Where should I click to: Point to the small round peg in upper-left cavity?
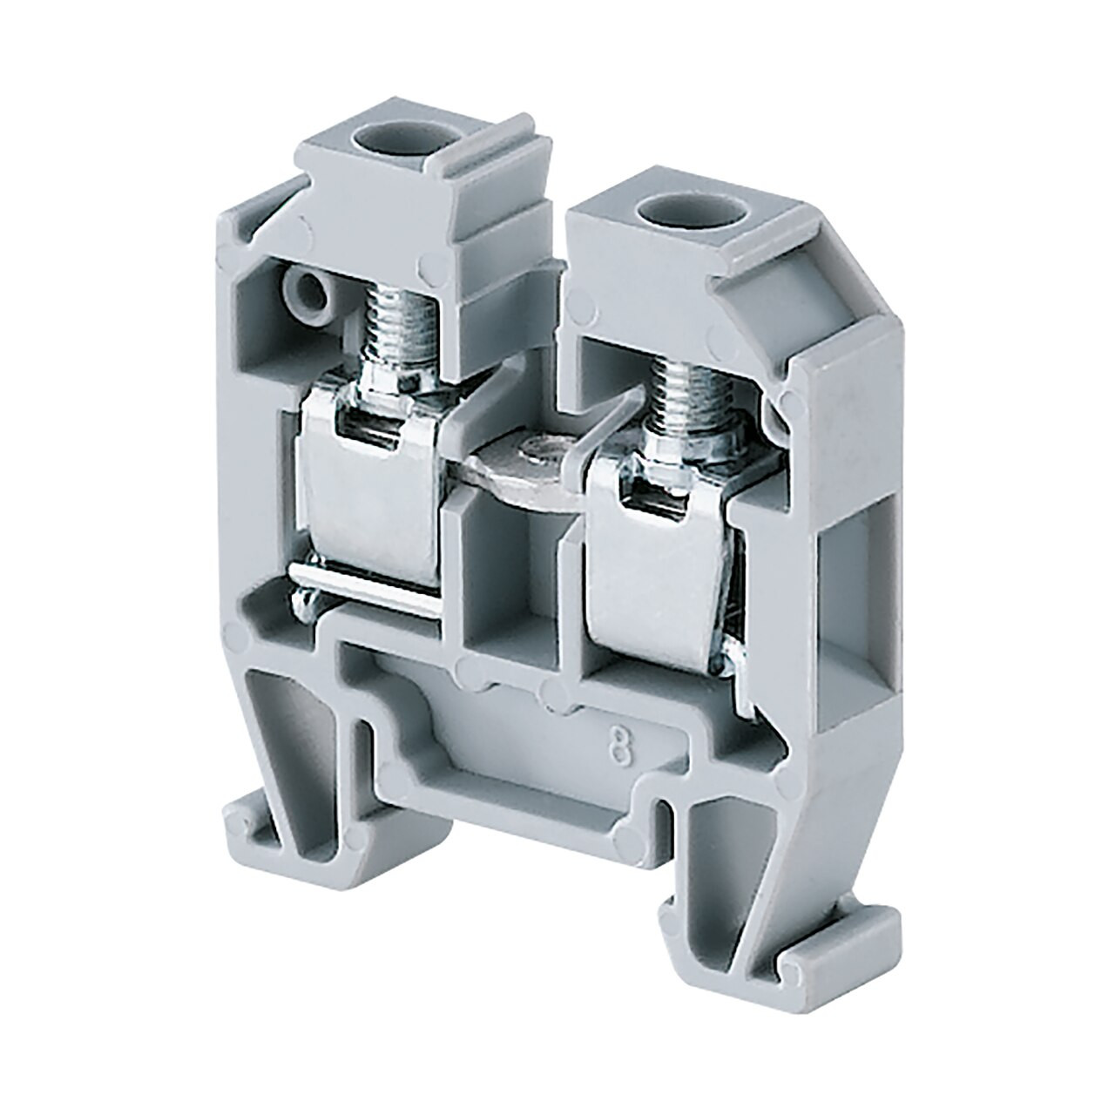[309, 296]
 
